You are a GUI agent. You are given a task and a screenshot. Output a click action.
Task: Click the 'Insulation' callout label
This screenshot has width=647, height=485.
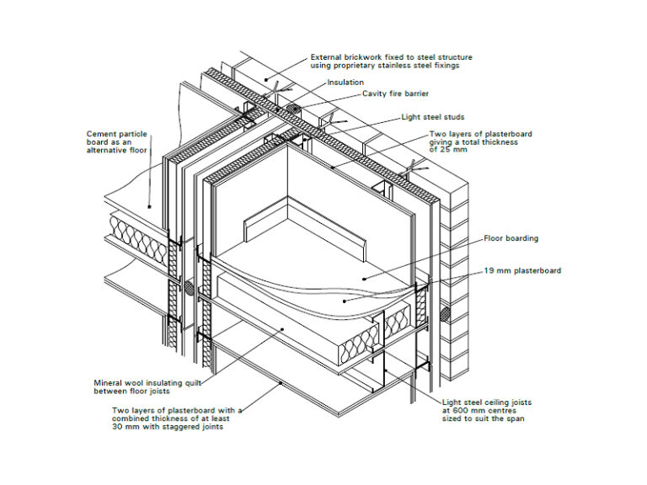pyautogui.click(x=345, y=83)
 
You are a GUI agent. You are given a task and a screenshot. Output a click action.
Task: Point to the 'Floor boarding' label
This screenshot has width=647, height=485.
pyautogui.click(x=511, y=238)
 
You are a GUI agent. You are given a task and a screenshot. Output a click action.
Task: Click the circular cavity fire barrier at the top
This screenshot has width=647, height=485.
pyautogui.click(x=294, y=111)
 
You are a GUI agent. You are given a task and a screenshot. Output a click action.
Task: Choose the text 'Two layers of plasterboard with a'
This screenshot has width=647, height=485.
pyautogui.click(x=177, y=410)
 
